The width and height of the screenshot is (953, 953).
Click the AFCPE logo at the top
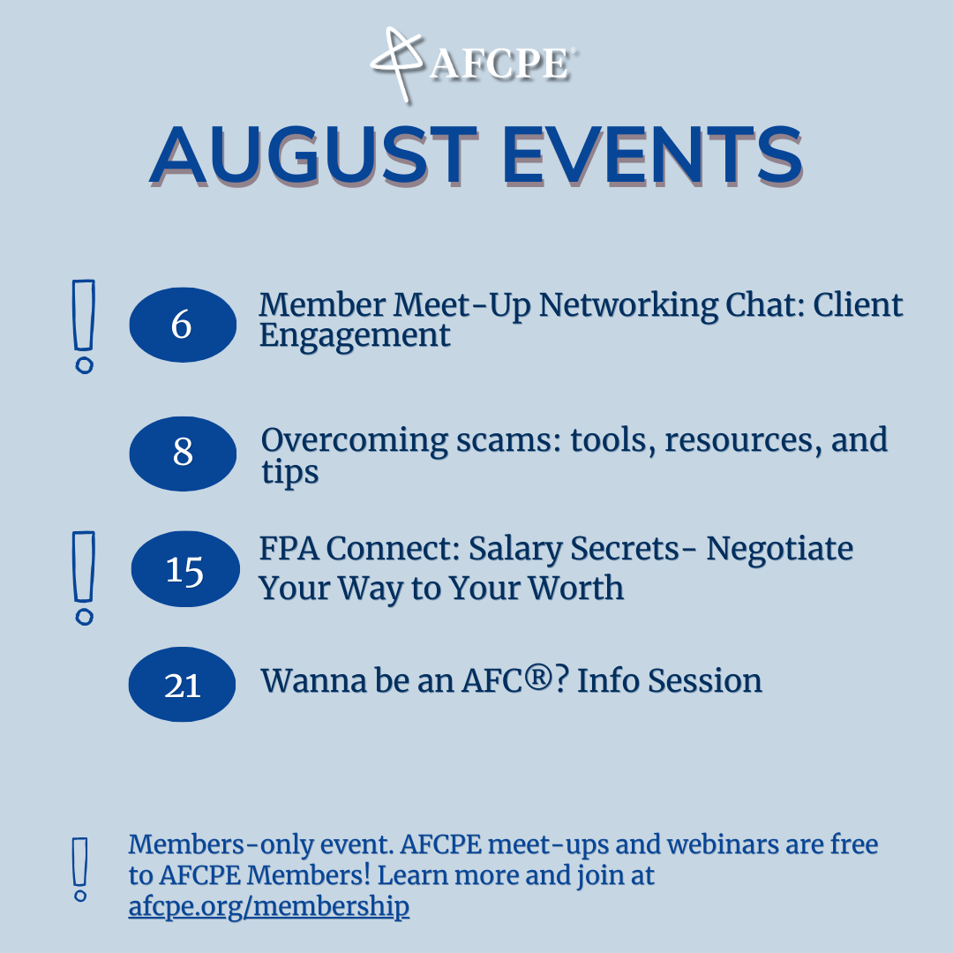tap(474, 62)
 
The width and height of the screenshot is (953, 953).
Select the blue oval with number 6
tap(183, 325)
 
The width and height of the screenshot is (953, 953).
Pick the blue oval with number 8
tap(183, 453)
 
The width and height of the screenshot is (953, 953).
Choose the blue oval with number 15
tap(184, 569)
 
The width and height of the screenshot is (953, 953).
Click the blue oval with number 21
tap(183, 685)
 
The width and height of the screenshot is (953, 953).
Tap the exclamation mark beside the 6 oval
tap(84, 326)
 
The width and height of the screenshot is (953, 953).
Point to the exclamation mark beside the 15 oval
tap(84, 577)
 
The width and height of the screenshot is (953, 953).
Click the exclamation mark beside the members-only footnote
tap(80, 869)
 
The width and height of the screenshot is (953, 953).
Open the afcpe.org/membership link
tap(268, 906)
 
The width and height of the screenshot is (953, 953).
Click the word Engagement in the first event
tap(355, 336)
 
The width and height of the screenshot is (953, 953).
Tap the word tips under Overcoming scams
tap(289, 473)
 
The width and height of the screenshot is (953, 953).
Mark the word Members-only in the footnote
tap(199, 844)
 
